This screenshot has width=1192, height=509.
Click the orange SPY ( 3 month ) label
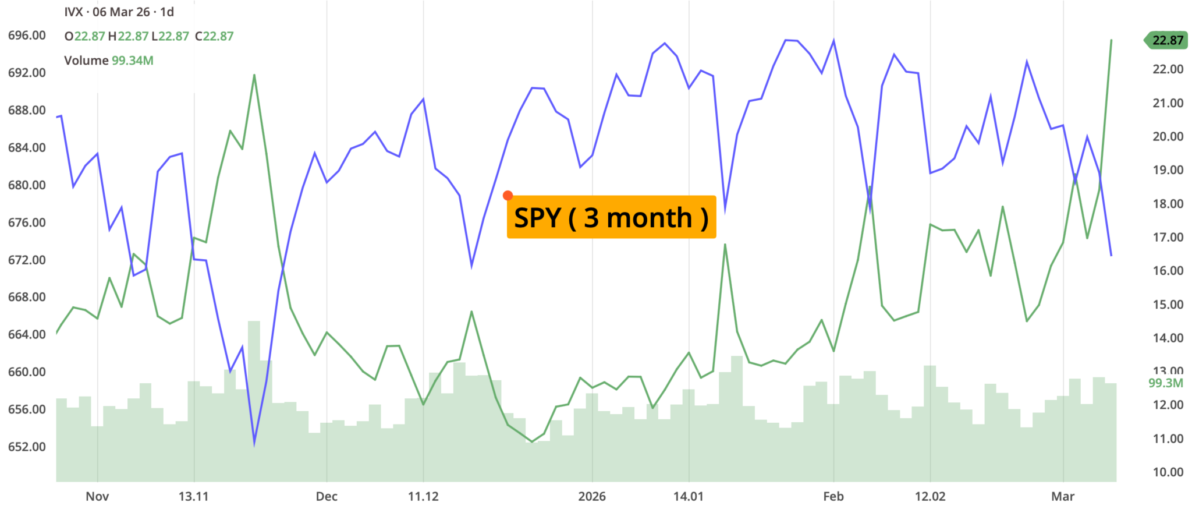pos(611,217)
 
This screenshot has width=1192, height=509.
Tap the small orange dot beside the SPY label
pos(508,196)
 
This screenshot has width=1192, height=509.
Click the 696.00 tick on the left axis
pos(27,36)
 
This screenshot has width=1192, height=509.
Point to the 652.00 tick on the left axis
pos(27,447)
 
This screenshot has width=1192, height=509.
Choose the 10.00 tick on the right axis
pos(1168,472)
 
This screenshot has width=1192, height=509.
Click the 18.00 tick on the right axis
pos(1168,204)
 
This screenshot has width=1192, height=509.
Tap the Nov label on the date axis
pos(97,497)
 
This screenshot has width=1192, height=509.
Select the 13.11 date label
pos(193,497)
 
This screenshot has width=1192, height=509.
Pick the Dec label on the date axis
pos(327,497)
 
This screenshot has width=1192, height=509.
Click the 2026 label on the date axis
pos(592,497)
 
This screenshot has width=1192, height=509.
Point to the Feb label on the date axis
pos(833,497)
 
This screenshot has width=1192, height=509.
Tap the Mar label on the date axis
pos(1063,497)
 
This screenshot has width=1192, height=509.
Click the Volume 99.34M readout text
pos(109,61)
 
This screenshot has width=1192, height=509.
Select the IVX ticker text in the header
pos(74,12)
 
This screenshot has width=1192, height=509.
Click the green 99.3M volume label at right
pos(1165,383)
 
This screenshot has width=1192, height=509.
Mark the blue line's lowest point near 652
pos(254,444)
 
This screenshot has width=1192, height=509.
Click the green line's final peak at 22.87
pos(1111,40)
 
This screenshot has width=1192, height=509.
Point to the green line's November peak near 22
pos(254,75)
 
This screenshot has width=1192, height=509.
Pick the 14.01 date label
pos(689,497)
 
